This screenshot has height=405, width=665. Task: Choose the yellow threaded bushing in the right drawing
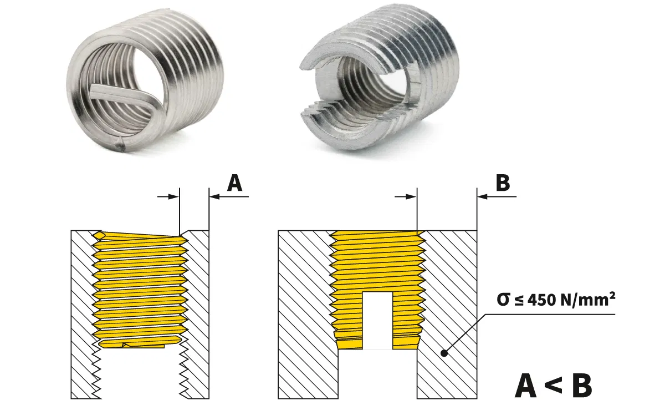pyautogui.click(x=377, y=261)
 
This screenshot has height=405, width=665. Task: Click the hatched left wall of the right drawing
pyautogui.click(x=305, y=311)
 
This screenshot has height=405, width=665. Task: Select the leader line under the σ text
pyautogui.click(x=554, y=315)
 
